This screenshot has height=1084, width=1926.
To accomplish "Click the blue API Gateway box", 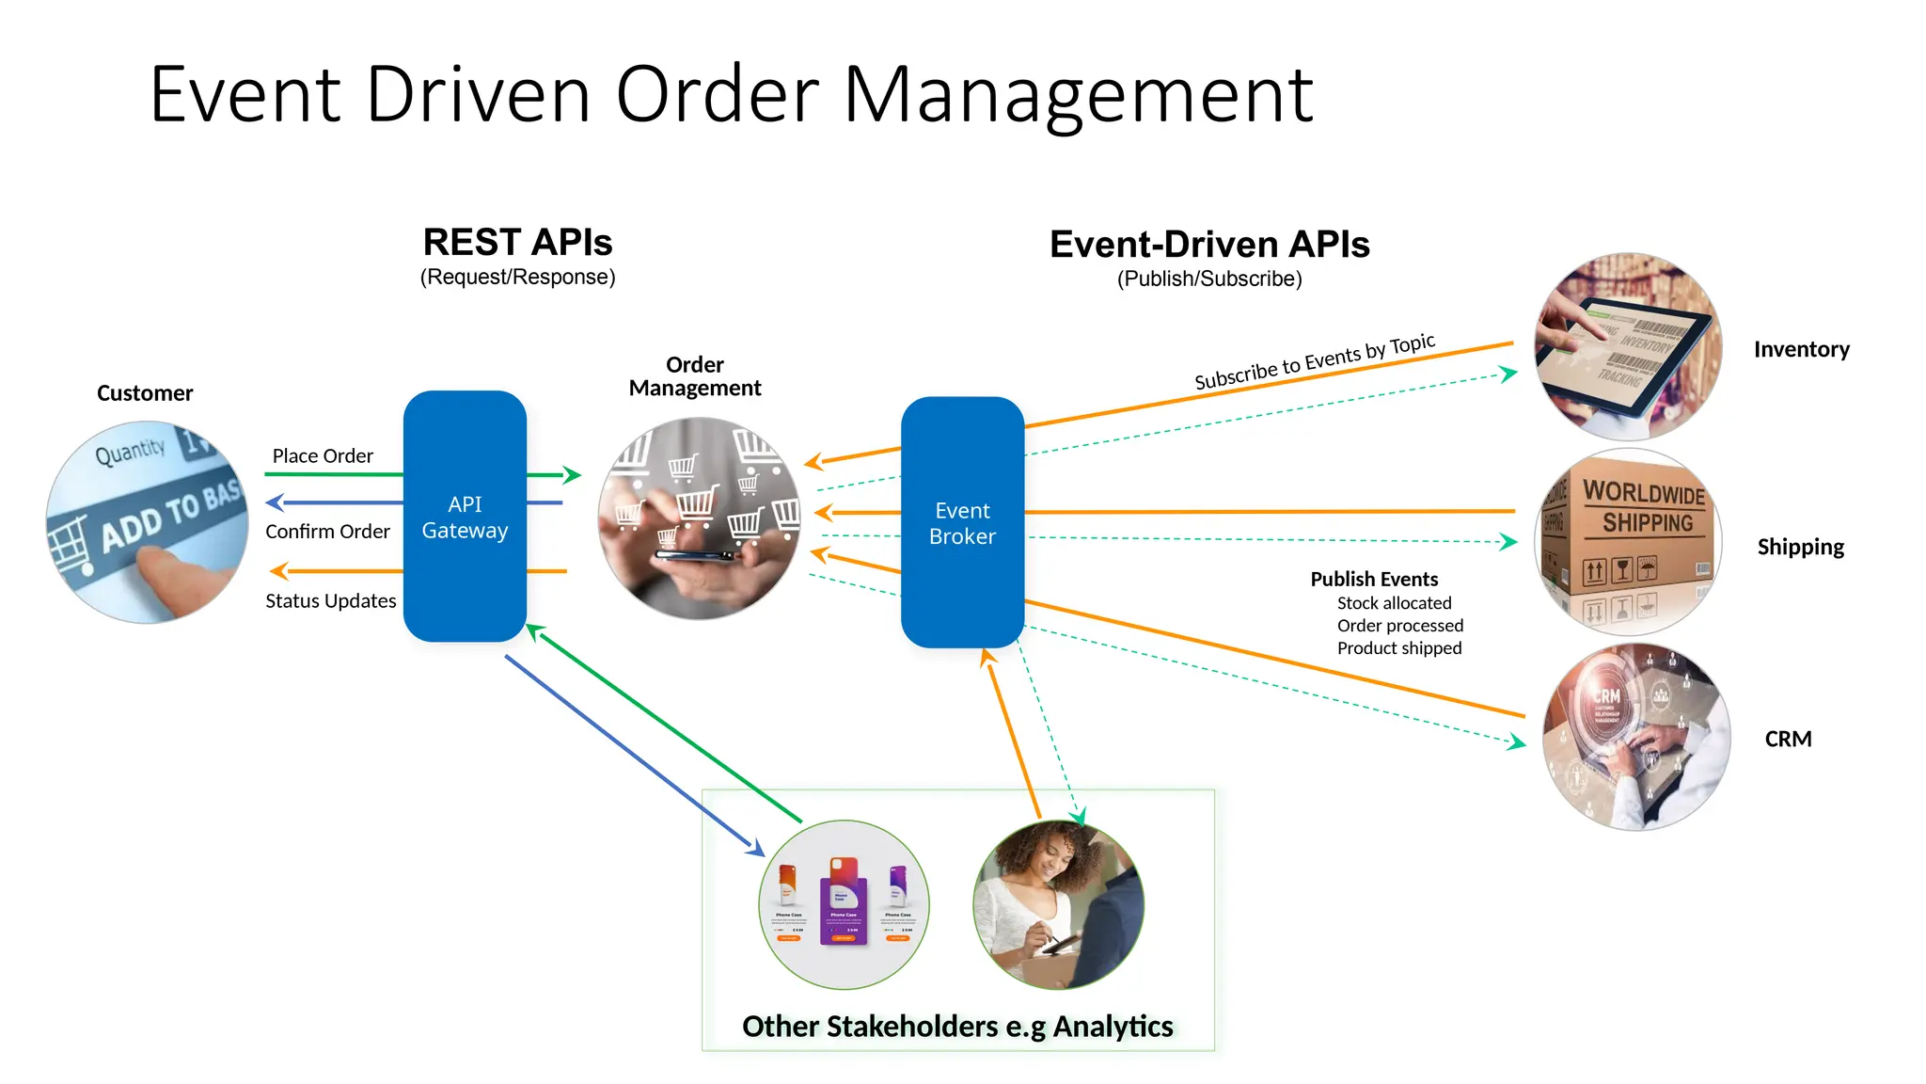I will tap(465, 517).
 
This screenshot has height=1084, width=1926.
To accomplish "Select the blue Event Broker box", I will tap(962, 523).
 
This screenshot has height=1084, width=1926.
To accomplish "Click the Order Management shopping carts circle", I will tap(699, 518).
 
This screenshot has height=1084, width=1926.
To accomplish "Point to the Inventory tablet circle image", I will tap(1628, 347).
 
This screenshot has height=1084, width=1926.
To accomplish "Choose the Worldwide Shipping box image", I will tap(1628, 541).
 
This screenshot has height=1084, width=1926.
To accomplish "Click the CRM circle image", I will tap(1636, 737).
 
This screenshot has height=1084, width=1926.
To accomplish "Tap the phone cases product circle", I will tap(844, 904).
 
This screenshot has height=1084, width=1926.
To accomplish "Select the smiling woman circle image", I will tap(1058, 904).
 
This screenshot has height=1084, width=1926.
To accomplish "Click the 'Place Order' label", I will tap(323, 456).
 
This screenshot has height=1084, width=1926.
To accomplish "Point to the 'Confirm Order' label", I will tap(327, 532).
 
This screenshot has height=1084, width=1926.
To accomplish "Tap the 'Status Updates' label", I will tap(331, 601).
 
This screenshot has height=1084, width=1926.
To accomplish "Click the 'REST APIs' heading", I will tap(517, 243).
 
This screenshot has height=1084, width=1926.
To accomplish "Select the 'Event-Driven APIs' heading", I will tap(1209, 245).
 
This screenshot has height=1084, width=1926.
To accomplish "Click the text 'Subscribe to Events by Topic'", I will tap(1314, 362).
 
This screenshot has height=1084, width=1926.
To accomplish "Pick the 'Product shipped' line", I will tap(1399, 648).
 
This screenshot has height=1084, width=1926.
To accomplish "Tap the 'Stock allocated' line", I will tap(1394, 603).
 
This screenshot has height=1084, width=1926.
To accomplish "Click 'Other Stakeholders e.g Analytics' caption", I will tap(957, 1026).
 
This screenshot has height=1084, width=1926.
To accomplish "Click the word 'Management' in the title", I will tap(1078, 96).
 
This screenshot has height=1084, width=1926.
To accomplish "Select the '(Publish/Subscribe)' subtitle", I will tap(1209, 279).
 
